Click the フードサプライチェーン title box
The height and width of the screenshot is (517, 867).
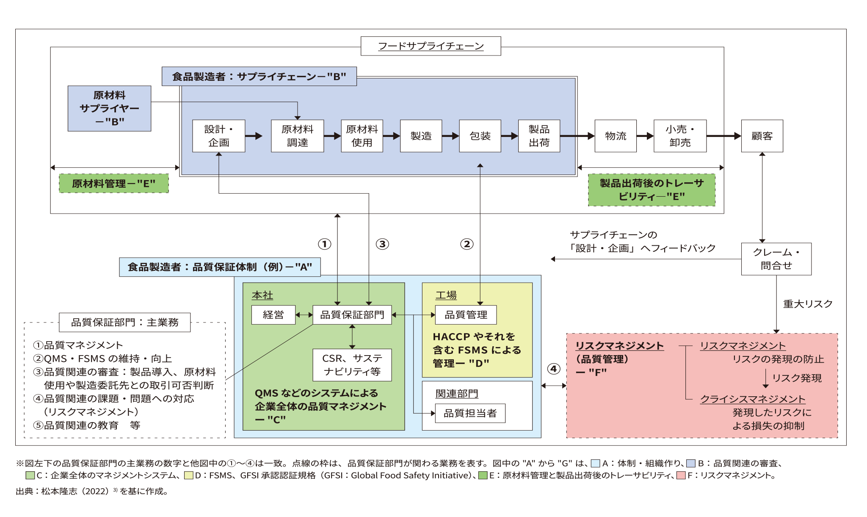pos(431,46)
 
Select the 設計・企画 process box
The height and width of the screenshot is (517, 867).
pos(218,136)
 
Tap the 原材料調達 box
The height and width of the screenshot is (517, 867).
pos(297,136)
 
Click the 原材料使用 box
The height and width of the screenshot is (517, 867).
pos(362,136)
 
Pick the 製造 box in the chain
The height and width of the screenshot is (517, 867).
pos(421,136)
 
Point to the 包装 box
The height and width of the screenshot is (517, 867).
pos(480,136)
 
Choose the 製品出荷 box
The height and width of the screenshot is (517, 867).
pos(539,136)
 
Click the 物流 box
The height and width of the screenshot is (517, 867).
pos(616,136)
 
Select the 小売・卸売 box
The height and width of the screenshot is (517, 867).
pos(680,136)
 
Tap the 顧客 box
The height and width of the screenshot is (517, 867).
pos(762,136)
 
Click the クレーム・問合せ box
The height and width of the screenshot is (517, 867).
pos(776,259)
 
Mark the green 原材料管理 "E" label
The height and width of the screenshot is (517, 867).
pos(113,183)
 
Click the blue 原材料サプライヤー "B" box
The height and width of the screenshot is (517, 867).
pos(109,108)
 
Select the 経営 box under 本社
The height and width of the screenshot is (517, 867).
pos(273,315)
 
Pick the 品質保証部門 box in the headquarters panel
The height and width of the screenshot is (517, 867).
pos(352,315)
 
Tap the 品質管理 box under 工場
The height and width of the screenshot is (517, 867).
pos(466,315)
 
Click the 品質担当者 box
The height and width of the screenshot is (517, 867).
pos(470,413)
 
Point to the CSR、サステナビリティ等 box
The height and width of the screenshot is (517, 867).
pos(352,365)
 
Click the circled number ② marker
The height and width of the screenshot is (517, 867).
pos(467,244)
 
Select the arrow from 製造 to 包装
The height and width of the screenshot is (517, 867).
pos(450,136)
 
